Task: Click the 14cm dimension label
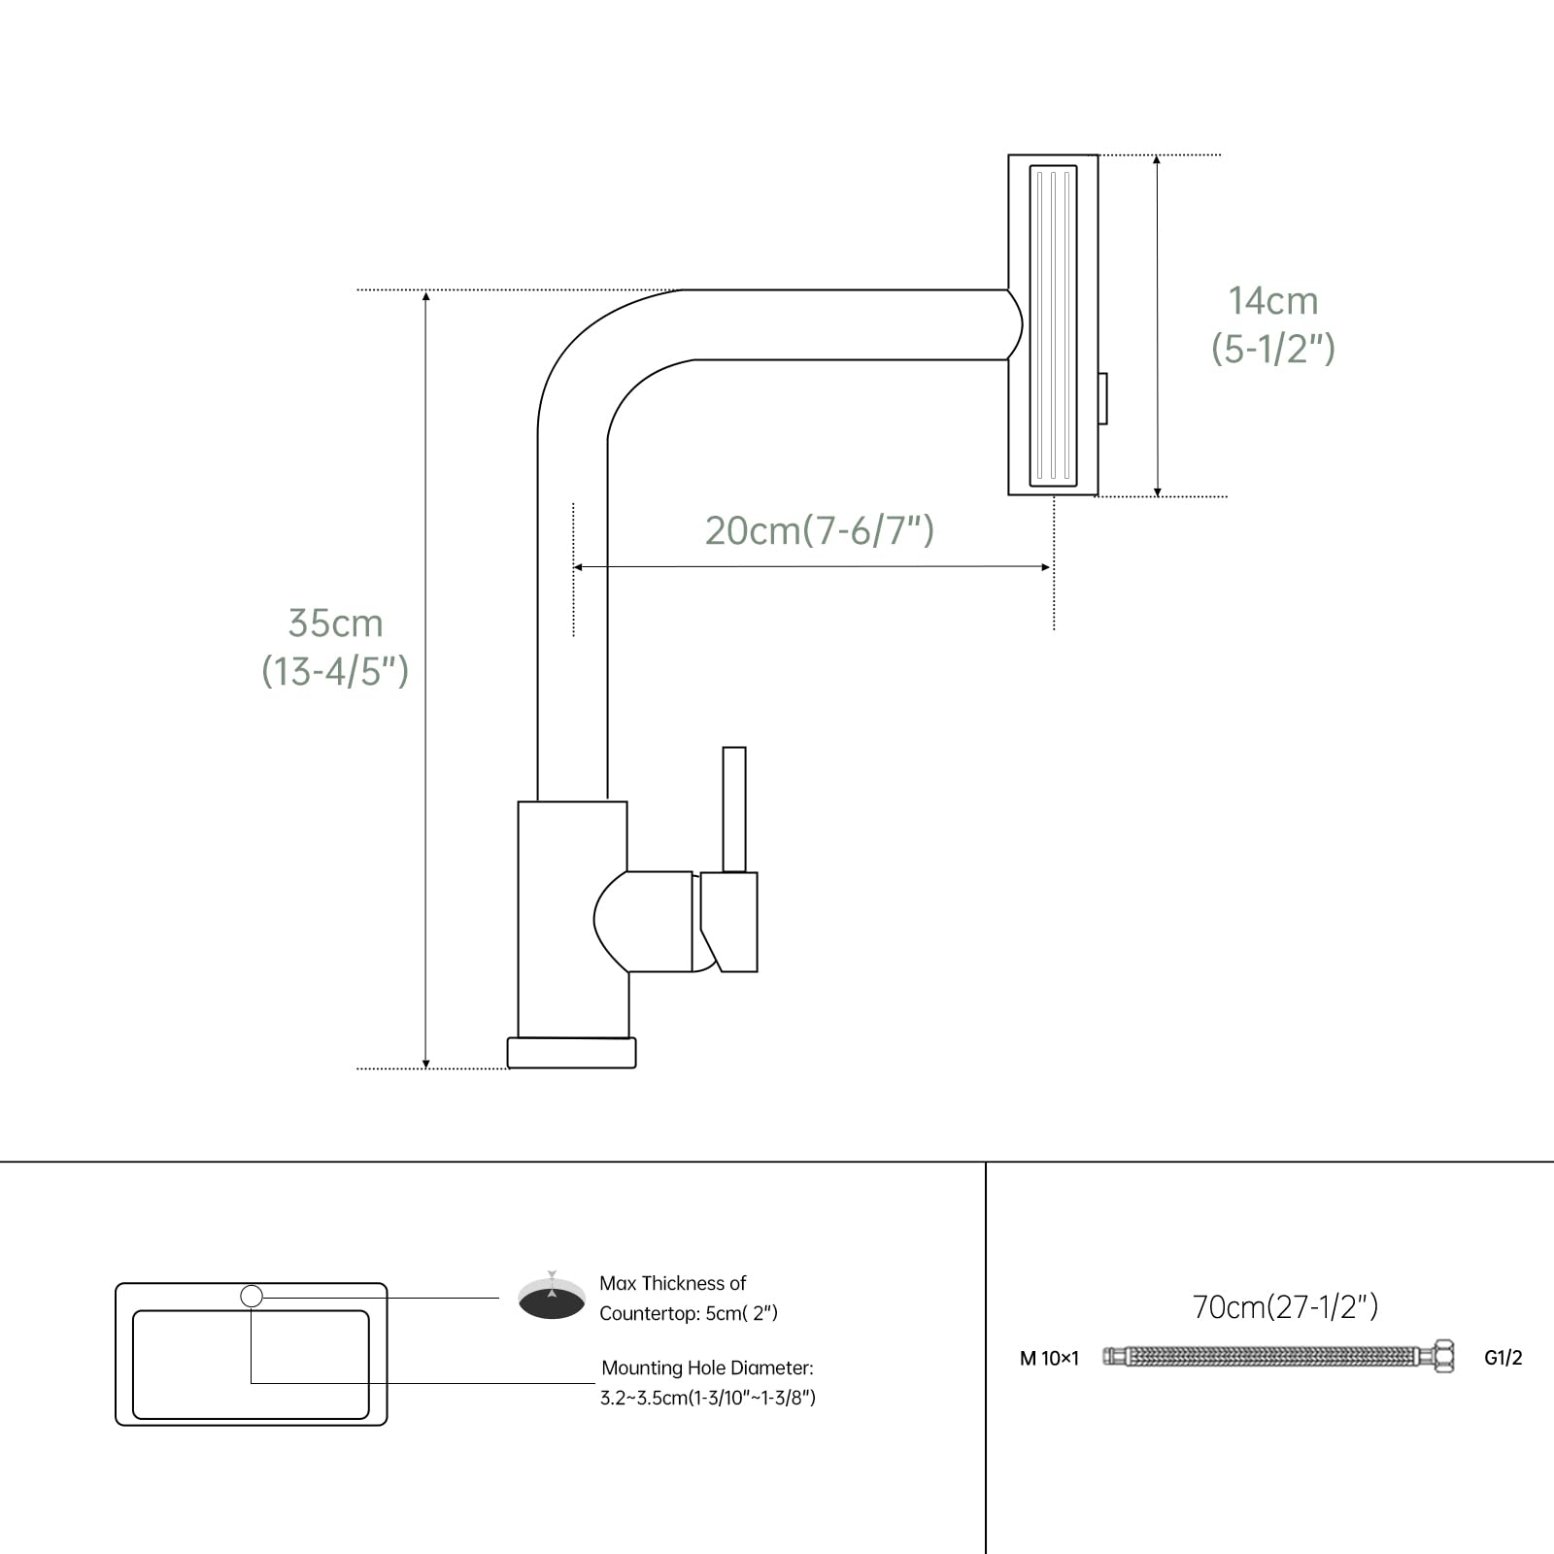coord(1273,301)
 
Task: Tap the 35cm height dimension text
coord(335,624)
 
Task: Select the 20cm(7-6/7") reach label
coord(820,530)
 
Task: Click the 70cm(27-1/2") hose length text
coord(1285,1306)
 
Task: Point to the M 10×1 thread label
coord(1049,1359)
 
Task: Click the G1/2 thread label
coord(1503,1358)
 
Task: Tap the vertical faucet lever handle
coord(734,809)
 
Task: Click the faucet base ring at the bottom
coord(572,1053)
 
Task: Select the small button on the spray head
coord(1102,398)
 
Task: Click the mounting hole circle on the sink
coord(252,1296)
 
